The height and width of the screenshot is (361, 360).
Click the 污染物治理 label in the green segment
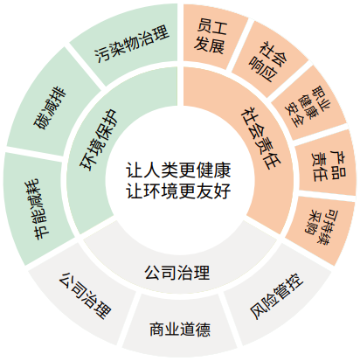click(132, 44)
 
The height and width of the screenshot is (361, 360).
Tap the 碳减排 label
click(51, 108)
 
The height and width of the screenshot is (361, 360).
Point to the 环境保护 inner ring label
click(99, 140)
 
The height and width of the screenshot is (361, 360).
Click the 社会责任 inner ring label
click(261, 138)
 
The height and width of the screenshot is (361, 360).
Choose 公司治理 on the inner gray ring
click(177, 273)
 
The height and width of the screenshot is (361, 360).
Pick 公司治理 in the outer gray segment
click(85, 295)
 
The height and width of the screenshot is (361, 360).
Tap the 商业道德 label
click(180, 330)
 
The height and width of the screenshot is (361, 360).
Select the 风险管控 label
click(276, 296)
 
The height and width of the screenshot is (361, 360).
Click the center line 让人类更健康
click(178, 170)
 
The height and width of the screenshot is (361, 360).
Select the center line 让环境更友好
click(178, 191)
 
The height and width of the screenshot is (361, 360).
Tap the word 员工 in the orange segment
click(211, 27)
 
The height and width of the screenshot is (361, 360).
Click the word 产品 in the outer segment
click(338, 164)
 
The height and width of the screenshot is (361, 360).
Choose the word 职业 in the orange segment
click(321, 99)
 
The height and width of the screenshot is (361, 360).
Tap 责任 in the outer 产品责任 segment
click(319, 166)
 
